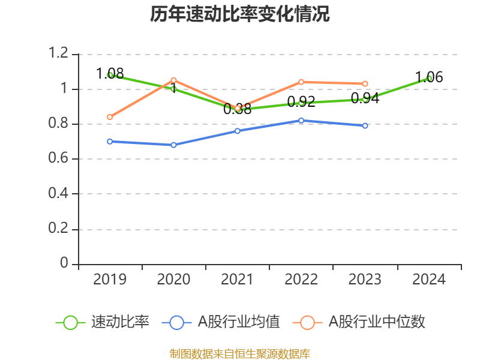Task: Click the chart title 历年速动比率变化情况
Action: coord(240,14)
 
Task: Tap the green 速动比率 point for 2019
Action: coord(110,75)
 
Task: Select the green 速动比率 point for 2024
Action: coord(428,79)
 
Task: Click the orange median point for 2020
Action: coord(173,80)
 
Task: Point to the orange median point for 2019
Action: coord(110,117)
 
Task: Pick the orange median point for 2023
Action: coord(365,83)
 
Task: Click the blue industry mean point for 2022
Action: coord(301,121)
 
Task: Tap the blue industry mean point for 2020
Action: coord(173,145)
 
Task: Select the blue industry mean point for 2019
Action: coord(110,142)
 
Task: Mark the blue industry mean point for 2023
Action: coord(365,126)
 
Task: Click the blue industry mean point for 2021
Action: coord(238,131)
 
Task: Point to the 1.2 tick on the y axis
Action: coord(60,54)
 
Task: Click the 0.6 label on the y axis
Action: coord(60,159)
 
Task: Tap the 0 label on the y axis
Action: coord(65,264)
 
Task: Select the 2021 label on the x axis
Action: coord(238,280)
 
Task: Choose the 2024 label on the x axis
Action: coord(428,280)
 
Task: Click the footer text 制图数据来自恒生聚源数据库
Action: coord(240,353)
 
